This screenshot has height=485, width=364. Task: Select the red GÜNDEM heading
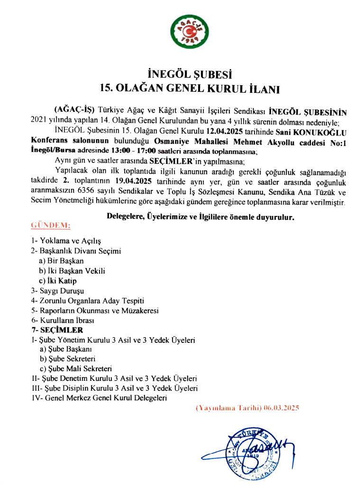[51, 224]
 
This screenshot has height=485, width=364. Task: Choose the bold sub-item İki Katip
[64, 281]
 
